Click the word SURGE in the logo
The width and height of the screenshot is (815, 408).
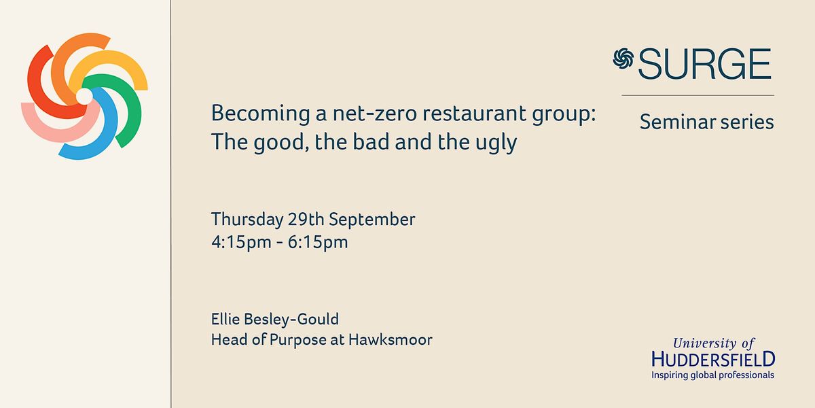pyautogui.click(x=704, y=65)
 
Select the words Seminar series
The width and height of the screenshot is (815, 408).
pyautogui.click(x=706, y=122)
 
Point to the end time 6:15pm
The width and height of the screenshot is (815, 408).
pyautogui.click(x=320, y=242)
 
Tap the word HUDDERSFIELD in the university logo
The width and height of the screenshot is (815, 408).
pyautogui.click(x=712, y=359)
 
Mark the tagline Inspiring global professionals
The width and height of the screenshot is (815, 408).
pyautogui.click(x=712, y=375)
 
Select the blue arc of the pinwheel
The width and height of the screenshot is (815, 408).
pyautogui.click(x=88, y=146)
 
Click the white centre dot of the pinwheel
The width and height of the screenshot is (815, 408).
pyautogui.click(x=84, y=97)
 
